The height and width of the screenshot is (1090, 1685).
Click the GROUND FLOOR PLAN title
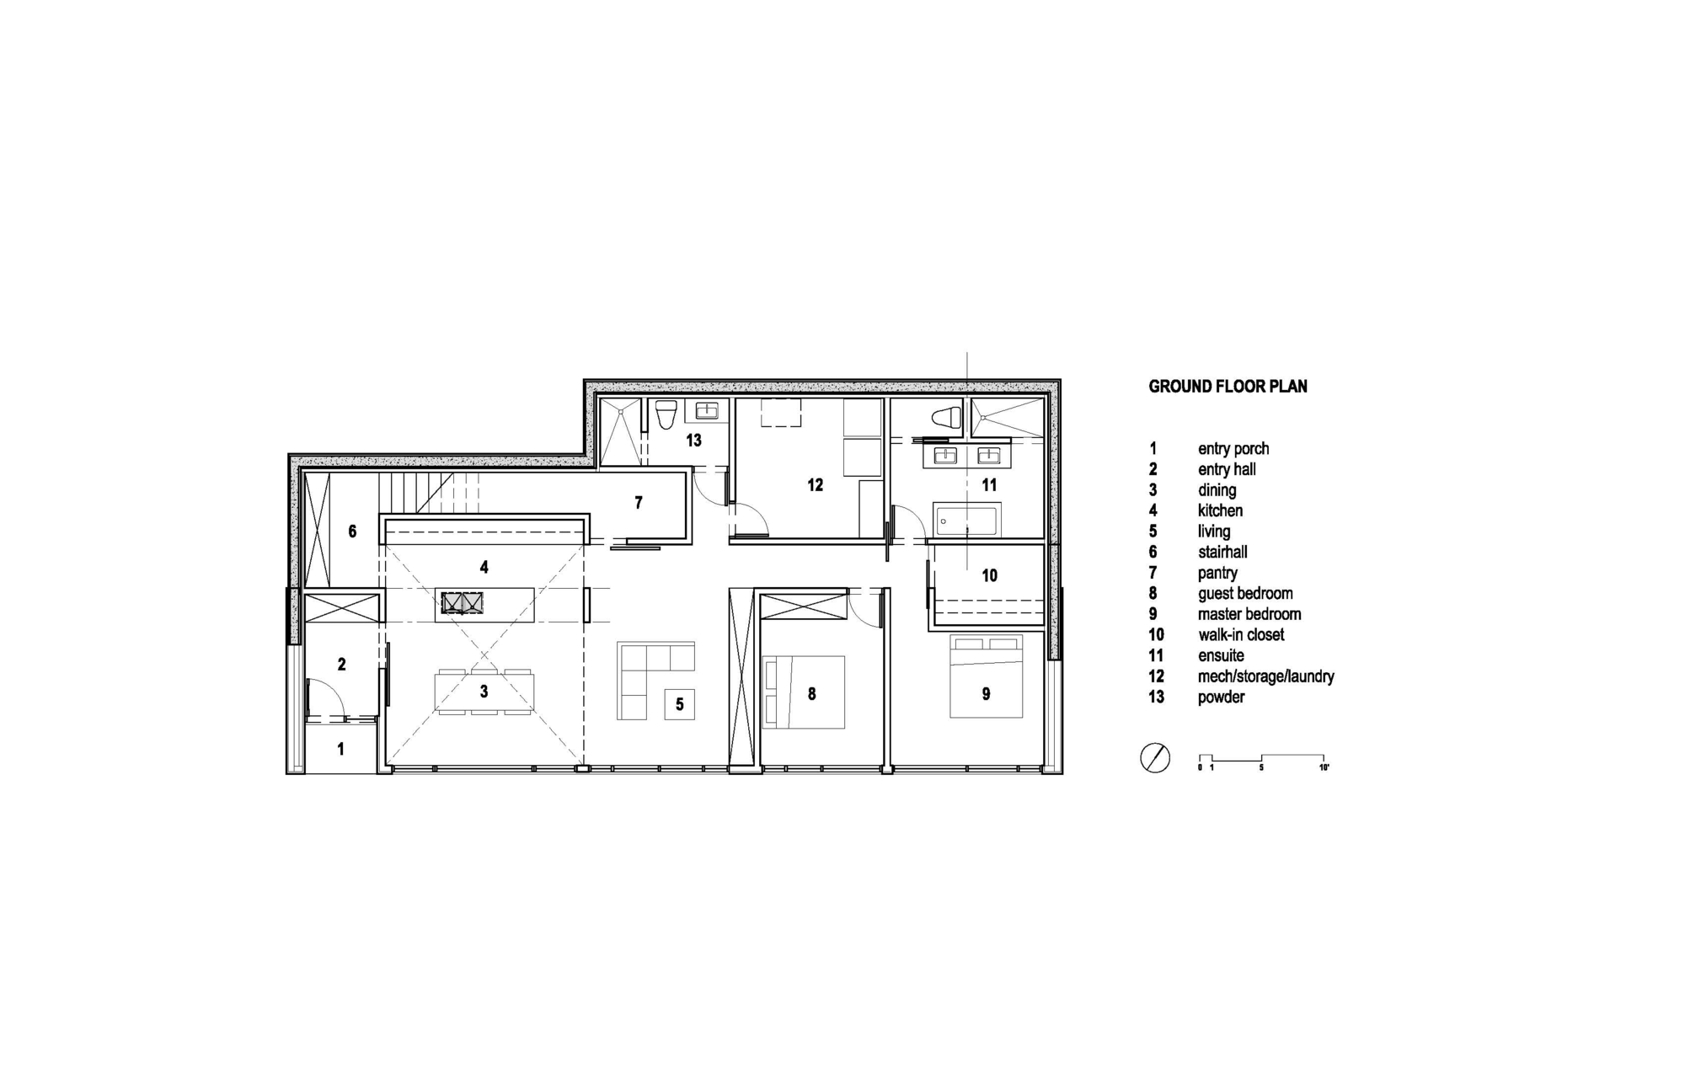1228,387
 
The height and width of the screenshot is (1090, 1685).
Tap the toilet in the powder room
666,414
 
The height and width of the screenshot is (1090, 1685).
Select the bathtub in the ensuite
966,520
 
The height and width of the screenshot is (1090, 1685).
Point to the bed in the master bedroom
986,676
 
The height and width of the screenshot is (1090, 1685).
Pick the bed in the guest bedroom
803,692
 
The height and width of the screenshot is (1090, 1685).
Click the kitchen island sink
463,602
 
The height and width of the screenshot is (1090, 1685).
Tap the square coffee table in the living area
680,704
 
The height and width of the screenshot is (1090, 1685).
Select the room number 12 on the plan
815,485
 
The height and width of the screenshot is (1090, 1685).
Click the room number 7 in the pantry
639,503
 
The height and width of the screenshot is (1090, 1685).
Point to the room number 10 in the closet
989,575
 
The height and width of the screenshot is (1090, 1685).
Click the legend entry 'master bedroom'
1249,614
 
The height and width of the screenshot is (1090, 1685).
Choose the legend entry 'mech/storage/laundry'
1265,676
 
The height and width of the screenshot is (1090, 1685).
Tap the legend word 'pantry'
1217,573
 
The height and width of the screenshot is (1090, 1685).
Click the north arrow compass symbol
1154,758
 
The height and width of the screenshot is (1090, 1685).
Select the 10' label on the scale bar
1324,767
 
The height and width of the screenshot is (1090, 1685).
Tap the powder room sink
707,411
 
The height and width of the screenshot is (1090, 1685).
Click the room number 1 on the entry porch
340,749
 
